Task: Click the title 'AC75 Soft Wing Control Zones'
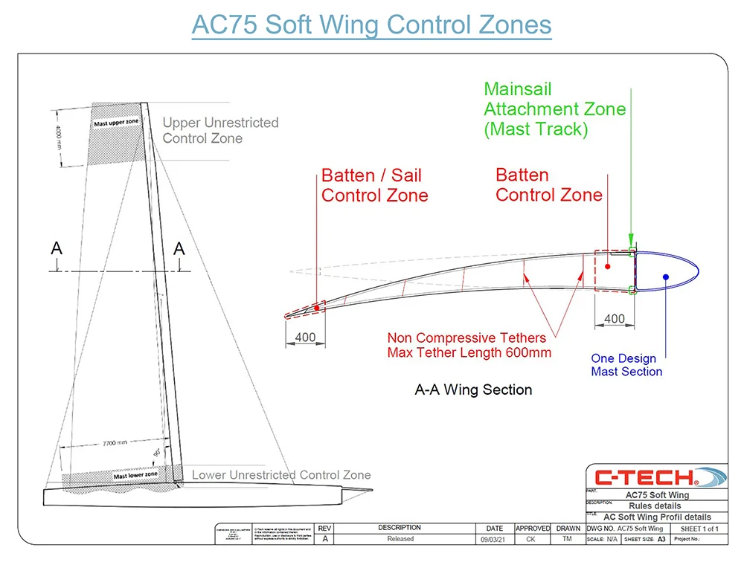coord(371,25)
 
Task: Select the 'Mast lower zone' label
coord(135,474)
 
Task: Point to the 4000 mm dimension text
coord(59,137)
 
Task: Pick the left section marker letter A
coord(57,249)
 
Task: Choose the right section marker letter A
coord(179,249)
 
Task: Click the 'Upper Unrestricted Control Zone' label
coord(220,130)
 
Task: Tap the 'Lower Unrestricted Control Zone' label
coord(281,474)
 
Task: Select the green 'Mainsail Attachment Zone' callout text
coord(554,109)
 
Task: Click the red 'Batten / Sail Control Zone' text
coord(374,186)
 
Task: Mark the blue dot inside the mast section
coord(666,277)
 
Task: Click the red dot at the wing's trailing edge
coord(317,307)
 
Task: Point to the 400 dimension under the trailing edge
coord(305,337)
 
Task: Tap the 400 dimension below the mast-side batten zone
coord(615,319)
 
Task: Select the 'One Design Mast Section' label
coord(626,364)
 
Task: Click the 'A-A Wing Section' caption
coord(473,390)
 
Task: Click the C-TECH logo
coord(654,477)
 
